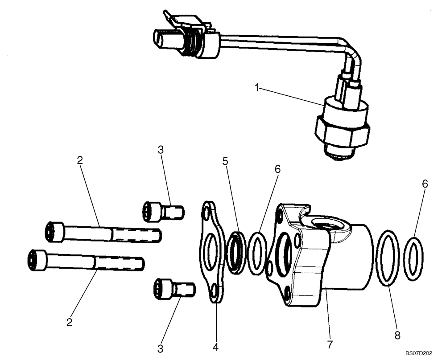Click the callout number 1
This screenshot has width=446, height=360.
point(256,88)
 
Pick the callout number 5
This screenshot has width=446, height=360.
point(226,161)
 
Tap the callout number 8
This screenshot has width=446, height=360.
point(397,334)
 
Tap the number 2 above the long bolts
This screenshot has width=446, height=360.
point(80,161)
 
